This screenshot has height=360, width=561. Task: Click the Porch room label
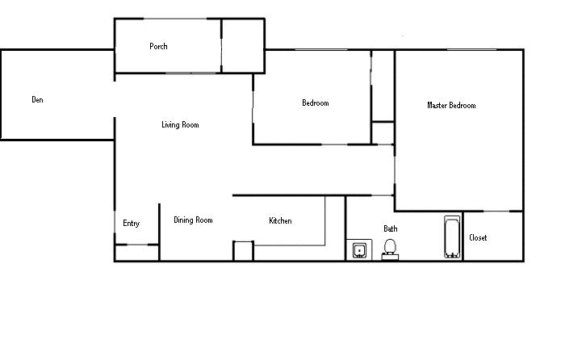coord(158,47)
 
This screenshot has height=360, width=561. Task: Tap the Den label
coord(38,100)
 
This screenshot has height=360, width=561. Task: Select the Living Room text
coord(180,125)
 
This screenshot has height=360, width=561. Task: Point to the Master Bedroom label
coord(451,106)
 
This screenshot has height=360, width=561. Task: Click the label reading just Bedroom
coord(316,103)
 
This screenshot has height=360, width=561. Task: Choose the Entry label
coord(132,224)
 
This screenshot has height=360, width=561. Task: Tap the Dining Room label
coord(193,220)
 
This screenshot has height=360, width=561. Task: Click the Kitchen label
coord(281,221)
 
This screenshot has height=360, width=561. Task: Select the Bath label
coord(391,228)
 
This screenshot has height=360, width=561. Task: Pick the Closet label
coord(478,237)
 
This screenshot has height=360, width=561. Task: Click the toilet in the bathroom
coord(390,249)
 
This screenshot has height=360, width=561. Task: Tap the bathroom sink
coord(359,250)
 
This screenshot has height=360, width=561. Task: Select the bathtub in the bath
coord(452,237)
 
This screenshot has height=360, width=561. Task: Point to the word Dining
coord(183,220)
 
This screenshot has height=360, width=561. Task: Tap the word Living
coord(170,125)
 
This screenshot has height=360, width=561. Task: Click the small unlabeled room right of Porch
coord(243,46)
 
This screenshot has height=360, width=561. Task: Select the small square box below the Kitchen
coord(243,251)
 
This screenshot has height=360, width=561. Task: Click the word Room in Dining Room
coord(204,220)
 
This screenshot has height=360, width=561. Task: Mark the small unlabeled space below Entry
coord(137,253)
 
